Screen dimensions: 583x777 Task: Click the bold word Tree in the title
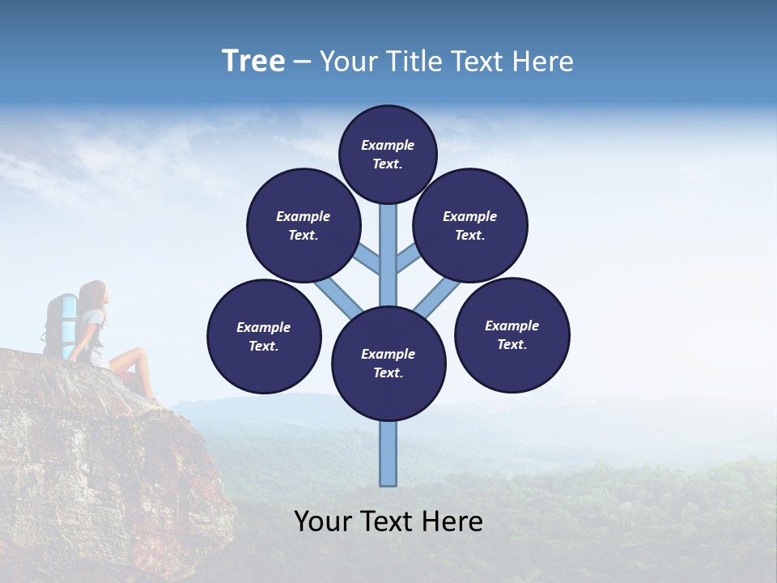pyautogui.click(x=253, y=62)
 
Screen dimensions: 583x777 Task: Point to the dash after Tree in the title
pyautogui.click(x=302, y=62)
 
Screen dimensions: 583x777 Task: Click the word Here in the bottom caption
pyautogui.click(x=451, y=521)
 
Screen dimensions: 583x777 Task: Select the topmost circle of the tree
pyautogui.click(x=388, y=154)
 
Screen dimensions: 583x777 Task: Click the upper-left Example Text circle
pyautogui.click(x=304, y=225)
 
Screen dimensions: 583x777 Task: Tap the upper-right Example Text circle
pyautogui.click(x=470, y=225)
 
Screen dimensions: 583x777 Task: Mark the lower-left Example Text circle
pyautogui.click(x=264, y=336)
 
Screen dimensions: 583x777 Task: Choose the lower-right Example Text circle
pyautogui.click(x=512, y=334)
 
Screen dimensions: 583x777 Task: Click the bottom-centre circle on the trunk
pyautogui.click(x=388, y=364)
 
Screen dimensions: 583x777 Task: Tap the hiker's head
pyautogui.click(x=94, y=295)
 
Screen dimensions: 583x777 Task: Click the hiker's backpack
pyautogui.click(x=60, y=324)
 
